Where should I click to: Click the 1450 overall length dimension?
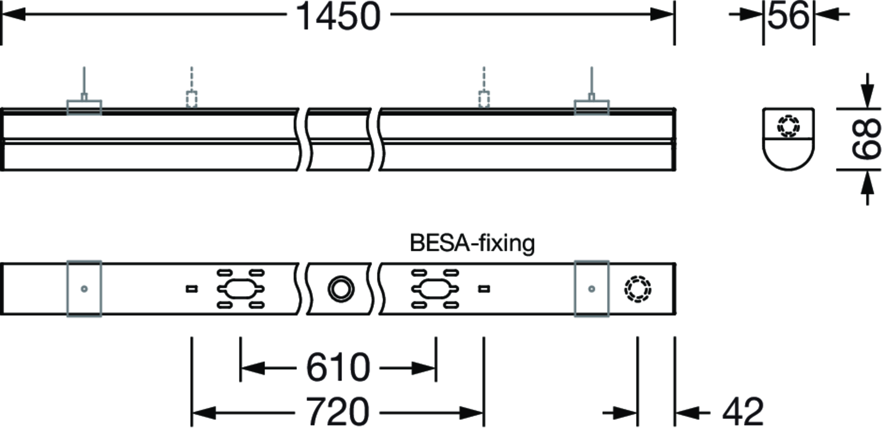click(338, 17)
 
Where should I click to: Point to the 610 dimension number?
click(338, 368)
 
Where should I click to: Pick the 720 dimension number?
click(338, 412)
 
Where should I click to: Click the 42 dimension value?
click(743, 412)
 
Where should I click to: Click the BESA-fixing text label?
click(472, 243)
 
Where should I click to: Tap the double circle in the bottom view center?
click(341, 289)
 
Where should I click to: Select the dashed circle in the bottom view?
click(637, 289)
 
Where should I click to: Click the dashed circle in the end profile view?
click(788, 126)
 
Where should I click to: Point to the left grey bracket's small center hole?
click(84, 289)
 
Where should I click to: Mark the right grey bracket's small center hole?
click(591, 289)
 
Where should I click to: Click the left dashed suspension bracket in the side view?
click(191, 99)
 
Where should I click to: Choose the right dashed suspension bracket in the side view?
click(484, 99)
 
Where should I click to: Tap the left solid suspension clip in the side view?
click(84, 107)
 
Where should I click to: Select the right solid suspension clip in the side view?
click(592, 107)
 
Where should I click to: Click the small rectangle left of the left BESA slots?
click(191, 289)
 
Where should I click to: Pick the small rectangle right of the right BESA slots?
click(484, 289)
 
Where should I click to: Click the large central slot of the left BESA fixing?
click(240, 289)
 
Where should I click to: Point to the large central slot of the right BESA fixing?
click(435, 289)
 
